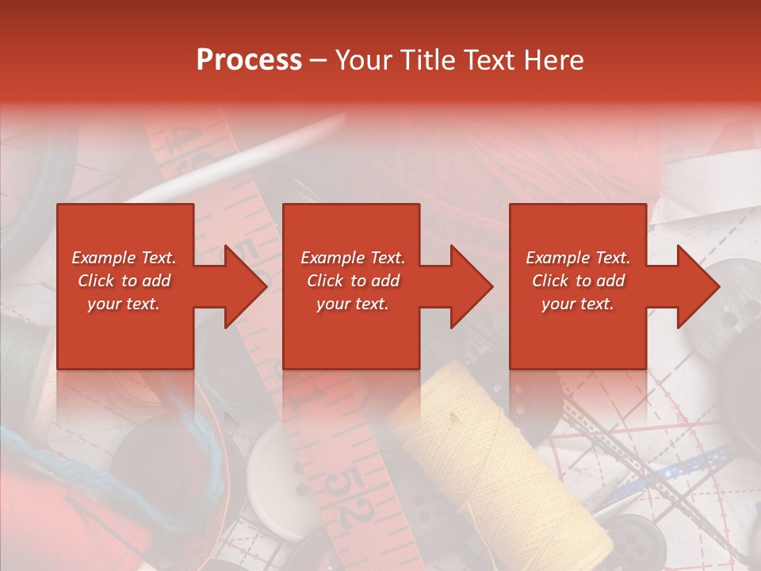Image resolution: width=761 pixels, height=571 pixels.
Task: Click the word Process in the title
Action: (249, 60)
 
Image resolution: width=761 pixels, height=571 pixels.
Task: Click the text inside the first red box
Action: (124, 281)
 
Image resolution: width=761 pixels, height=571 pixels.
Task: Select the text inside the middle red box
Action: (353, 281)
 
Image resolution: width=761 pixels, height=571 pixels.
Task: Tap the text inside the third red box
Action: (578, 281)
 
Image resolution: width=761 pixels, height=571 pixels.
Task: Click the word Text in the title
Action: (494, 60)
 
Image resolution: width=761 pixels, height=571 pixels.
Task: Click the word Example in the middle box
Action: (327, 258)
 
